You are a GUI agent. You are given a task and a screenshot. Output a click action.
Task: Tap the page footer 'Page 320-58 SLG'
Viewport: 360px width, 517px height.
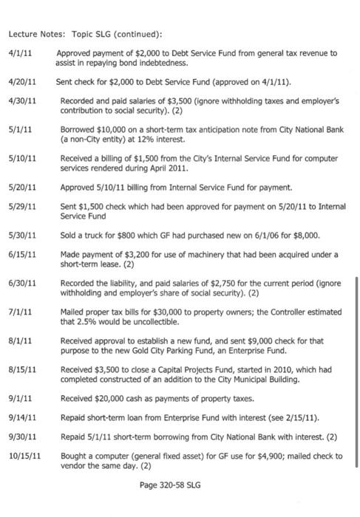pos(169,485)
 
